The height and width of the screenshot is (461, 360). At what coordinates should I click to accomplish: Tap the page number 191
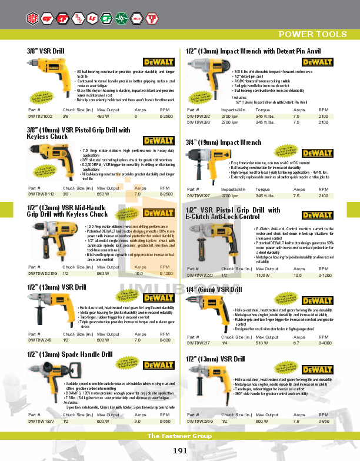(x=181, y=450)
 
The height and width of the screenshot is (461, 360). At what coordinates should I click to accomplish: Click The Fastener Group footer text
(x=180, y=436)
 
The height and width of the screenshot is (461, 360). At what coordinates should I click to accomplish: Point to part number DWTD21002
(x=41, y=117)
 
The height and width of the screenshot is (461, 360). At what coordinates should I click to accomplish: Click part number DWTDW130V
(x=41, y=422)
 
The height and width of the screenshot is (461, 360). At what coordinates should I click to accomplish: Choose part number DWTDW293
(x=198, y=122)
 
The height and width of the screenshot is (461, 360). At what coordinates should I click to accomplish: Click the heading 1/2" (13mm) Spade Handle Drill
(x=69, y=355)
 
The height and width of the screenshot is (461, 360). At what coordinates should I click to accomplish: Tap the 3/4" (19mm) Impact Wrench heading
(x=224, y=142)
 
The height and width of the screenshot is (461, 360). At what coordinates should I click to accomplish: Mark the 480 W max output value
(x=104, y=117)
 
